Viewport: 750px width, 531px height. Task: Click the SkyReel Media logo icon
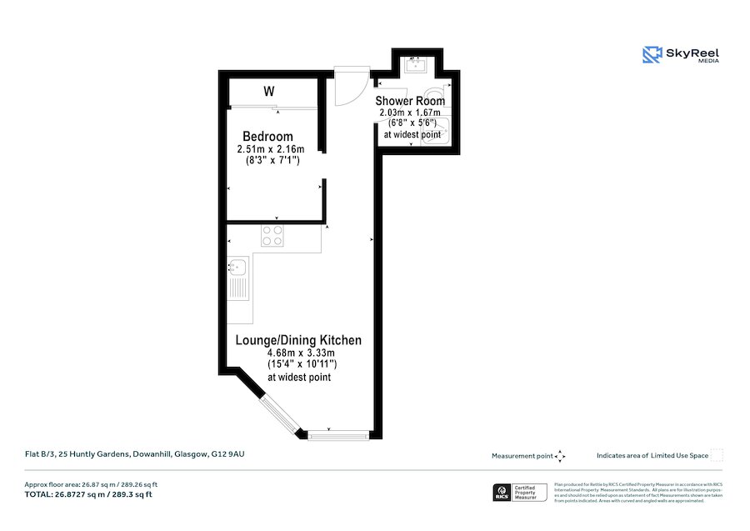(x=652, y=55)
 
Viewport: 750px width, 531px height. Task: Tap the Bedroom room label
(x=267, y=137)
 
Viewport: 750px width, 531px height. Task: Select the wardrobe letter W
(x=269, y=91)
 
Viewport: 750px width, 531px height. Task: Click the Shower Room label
(x=410, y=101)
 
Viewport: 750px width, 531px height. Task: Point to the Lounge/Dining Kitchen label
(x=298, y=340)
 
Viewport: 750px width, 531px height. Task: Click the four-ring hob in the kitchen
(x=272, y=236)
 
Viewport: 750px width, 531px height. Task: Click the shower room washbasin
(x=414, y=63)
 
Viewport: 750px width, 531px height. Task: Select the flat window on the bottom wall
(x=337, y=434)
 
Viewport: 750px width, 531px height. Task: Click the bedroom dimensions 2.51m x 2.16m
(x=271, y=150)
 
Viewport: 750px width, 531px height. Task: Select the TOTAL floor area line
(x=88, y=494)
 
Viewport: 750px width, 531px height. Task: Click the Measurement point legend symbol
(x=561, y=456)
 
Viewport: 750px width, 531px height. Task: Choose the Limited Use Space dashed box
(x=716, y=455)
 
